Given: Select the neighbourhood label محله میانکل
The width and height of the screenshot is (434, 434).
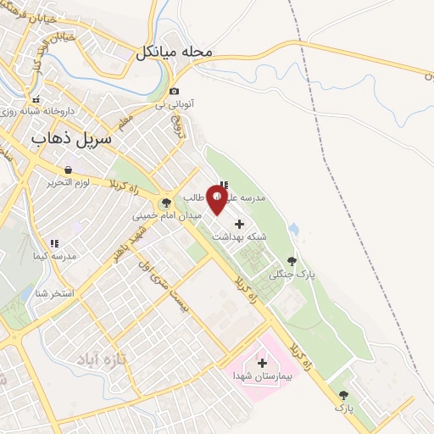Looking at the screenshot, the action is point(173,53).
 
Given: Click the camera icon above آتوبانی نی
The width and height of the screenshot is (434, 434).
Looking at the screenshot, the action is point(174,91).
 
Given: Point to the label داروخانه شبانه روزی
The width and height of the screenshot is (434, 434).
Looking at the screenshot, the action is point(38,111).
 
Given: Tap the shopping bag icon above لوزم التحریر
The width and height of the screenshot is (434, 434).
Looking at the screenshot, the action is point(67,170).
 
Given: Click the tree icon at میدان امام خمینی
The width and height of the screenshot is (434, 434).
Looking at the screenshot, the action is point(166,202).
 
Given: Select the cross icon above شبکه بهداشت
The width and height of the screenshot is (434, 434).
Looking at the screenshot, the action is point(239,225).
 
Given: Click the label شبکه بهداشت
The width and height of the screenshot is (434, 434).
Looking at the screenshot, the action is point(239,237).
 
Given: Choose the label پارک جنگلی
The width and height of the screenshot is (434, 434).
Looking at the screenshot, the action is point(286,275).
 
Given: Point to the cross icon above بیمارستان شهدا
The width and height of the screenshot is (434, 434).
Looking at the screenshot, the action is point(262,363).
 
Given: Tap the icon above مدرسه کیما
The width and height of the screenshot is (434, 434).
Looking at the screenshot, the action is point(53,243).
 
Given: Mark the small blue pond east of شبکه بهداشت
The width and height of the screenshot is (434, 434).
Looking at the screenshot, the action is point(293,229).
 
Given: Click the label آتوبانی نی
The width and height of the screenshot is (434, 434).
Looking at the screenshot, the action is point(174,104).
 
